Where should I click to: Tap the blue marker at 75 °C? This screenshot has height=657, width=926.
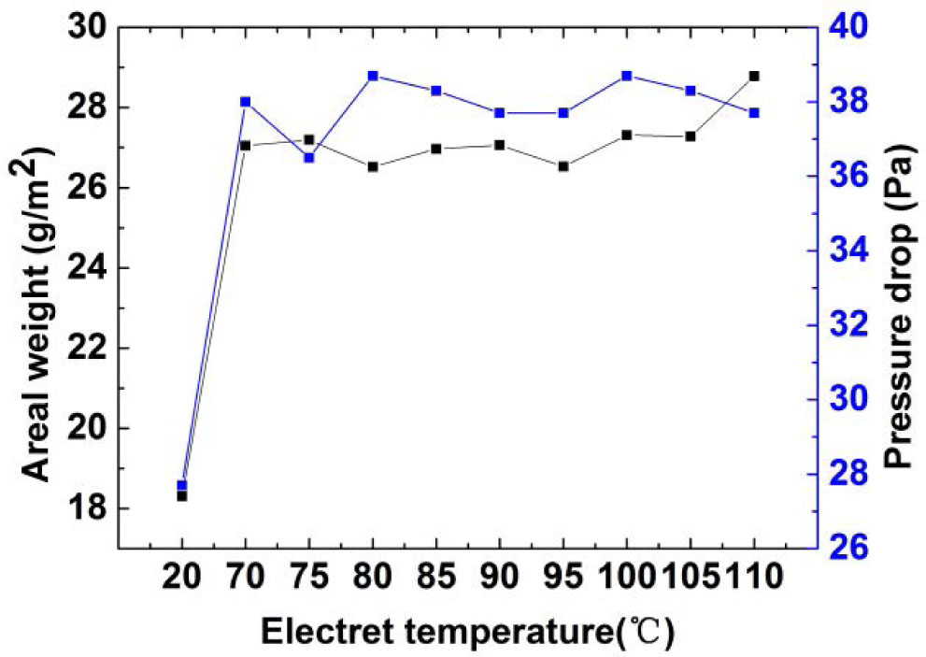coord(309,158)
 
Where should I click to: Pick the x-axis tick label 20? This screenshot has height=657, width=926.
coord(182,579)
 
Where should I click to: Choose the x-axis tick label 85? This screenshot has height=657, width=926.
coord(436,579)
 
